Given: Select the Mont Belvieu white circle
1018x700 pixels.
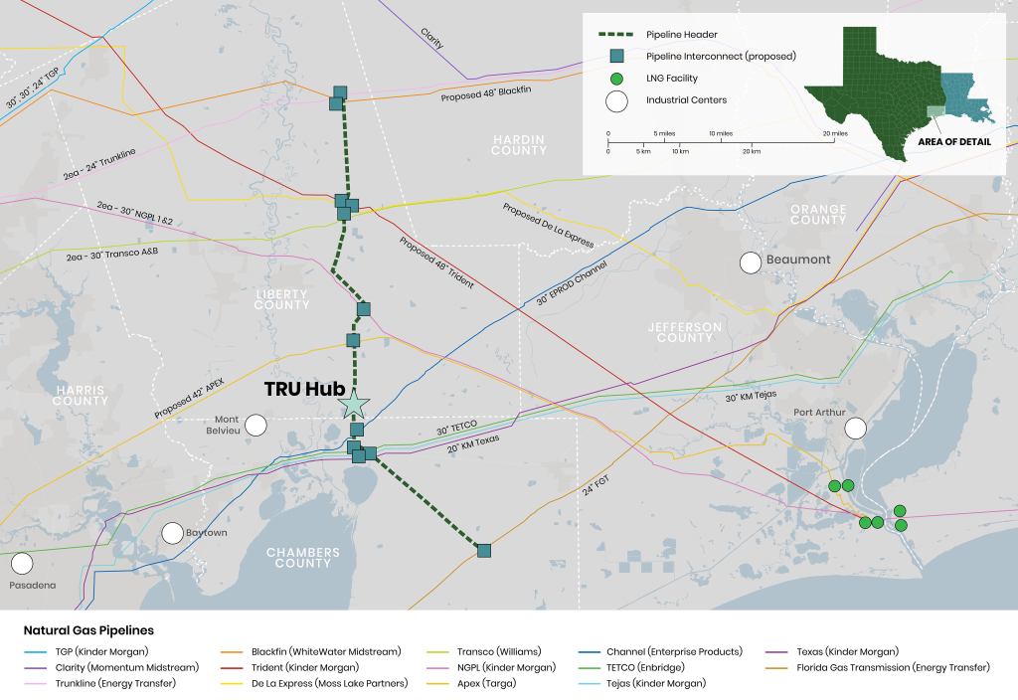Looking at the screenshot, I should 256,426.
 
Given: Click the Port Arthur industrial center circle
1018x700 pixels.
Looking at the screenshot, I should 855,429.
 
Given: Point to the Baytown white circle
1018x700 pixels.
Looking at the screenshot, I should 173,533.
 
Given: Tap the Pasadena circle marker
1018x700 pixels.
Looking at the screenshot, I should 21,563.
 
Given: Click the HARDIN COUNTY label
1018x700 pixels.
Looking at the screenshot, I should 518,144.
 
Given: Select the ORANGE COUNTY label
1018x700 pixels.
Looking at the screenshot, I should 818,214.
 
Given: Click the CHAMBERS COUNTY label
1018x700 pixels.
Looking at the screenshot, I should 303,557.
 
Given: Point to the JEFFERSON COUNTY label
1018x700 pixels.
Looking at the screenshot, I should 684,332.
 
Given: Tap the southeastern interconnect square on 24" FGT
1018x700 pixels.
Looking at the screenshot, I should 484,550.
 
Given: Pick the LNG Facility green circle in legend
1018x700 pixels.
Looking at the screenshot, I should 617,78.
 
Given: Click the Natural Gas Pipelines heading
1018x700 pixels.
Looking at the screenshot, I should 88,630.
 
